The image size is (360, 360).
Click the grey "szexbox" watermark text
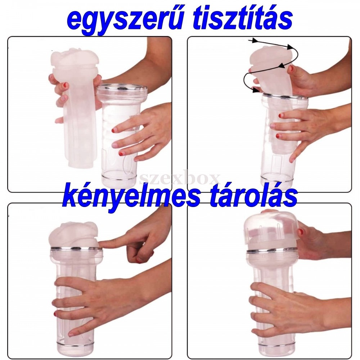pyautogui.click(x=180, y=179)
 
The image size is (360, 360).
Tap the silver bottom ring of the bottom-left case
pyautogui.click(x=75, y=343)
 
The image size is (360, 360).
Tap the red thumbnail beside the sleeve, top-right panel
pyautogui.click(x=292, y=68)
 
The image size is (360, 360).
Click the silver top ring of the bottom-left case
pyautogui.click(x=76, y=248)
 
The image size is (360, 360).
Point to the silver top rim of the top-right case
pyautogui.click(x=285, y=96)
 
